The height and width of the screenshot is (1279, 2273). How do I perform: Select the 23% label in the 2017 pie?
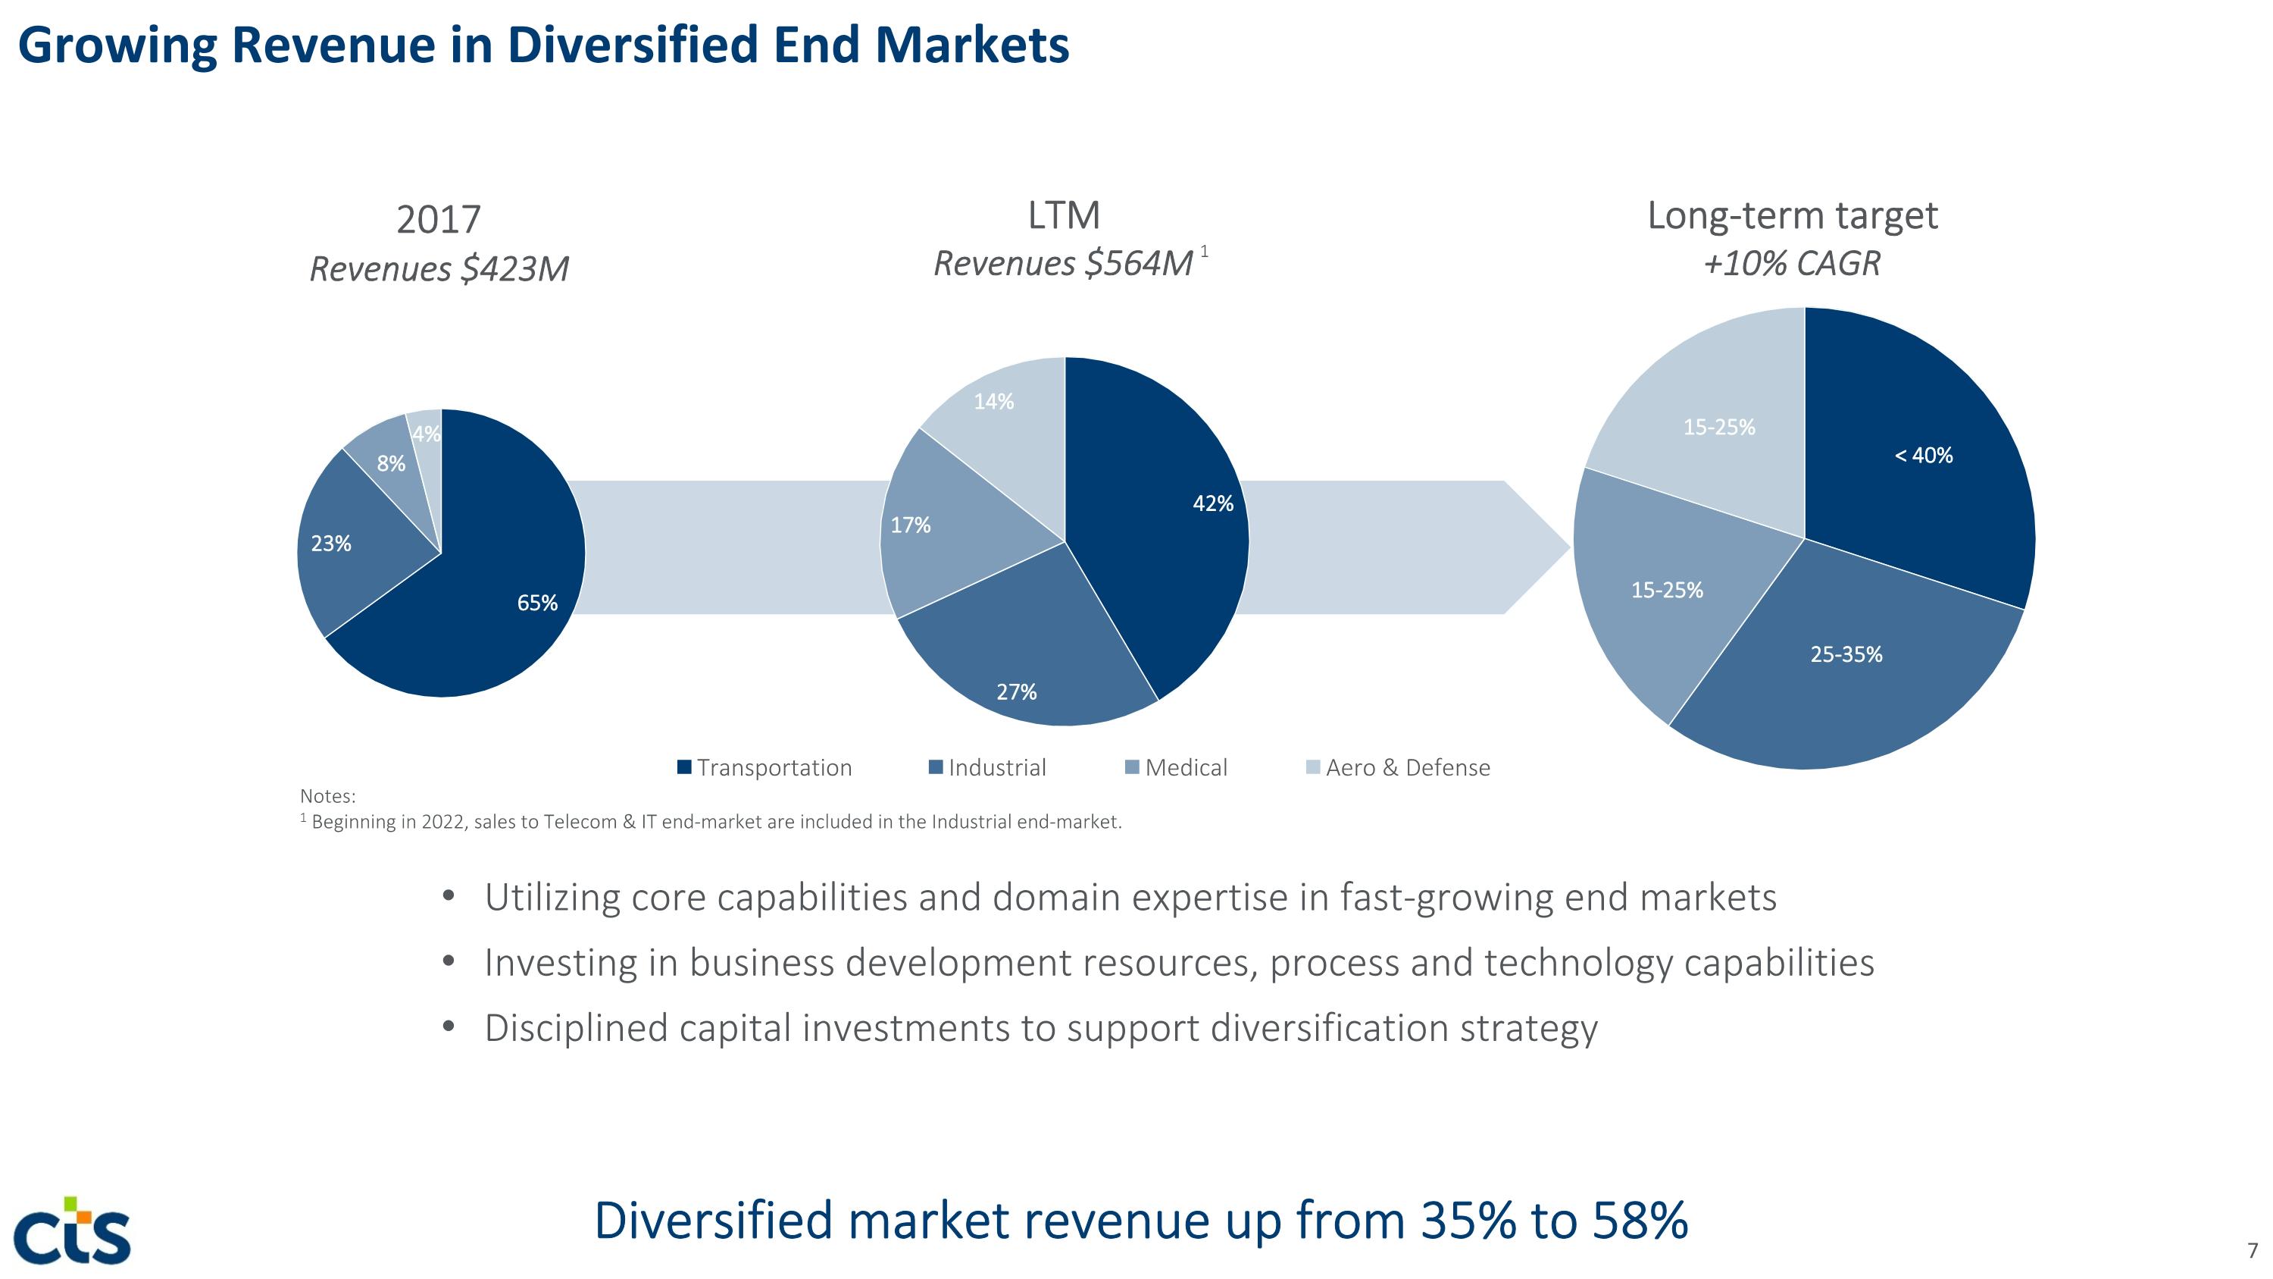pyautogui.click(x=331, y=544)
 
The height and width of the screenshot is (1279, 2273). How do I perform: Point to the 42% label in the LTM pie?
pyautogui.click(x=1213, y=504)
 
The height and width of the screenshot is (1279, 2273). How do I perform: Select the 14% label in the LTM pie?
pyautogui.click(x=993, y=402)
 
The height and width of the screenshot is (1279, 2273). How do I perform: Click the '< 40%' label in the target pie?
pyautogui.click(x=1924, y=456)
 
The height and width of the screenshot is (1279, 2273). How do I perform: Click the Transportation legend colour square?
pyautogui.click(x=684, y=767)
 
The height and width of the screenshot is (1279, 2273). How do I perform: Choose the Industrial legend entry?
pyautogui.click(x=987, y=767)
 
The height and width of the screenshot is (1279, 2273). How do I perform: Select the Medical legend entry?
pyautogui.click(x=1176, y=767)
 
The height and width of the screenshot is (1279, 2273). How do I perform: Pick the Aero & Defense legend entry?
pyautogui.click(x=1398, y=767)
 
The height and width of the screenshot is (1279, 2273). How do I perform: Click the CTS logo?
pyautogui.click(x=73, y=1230)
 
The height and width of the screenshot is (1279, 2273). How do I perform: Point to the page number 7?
pyautogui.click(x=2253, y=1251)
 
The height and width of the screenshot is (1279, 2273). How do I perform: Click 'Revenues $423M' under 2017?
pyautogui.click(x=439, y=268)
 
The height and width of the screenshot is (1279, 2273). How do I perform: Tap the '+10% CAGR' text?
pyautogui.click(x=1792, y=263)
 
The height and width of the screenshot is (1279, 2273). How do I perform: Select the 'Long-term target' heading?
pyautogui.click(x=1792, y=215)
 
